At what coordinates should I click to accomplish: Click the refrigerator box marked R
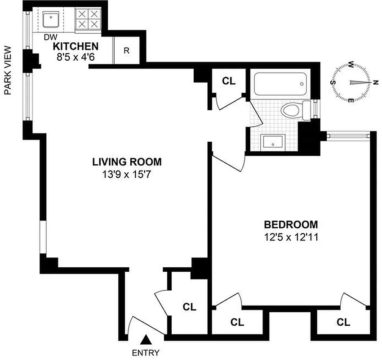point(127,50)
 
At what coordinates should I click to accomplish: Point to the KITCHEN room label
point(76,46)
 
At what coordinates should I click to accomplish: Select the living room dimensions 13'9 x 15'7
point(127,173)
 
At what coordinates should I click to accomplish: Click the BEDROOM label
point(291,224)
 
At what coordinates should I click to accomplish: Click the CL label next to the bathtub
point(229,81)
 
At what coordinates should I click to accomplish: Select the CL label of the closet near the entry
point(190,307)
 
